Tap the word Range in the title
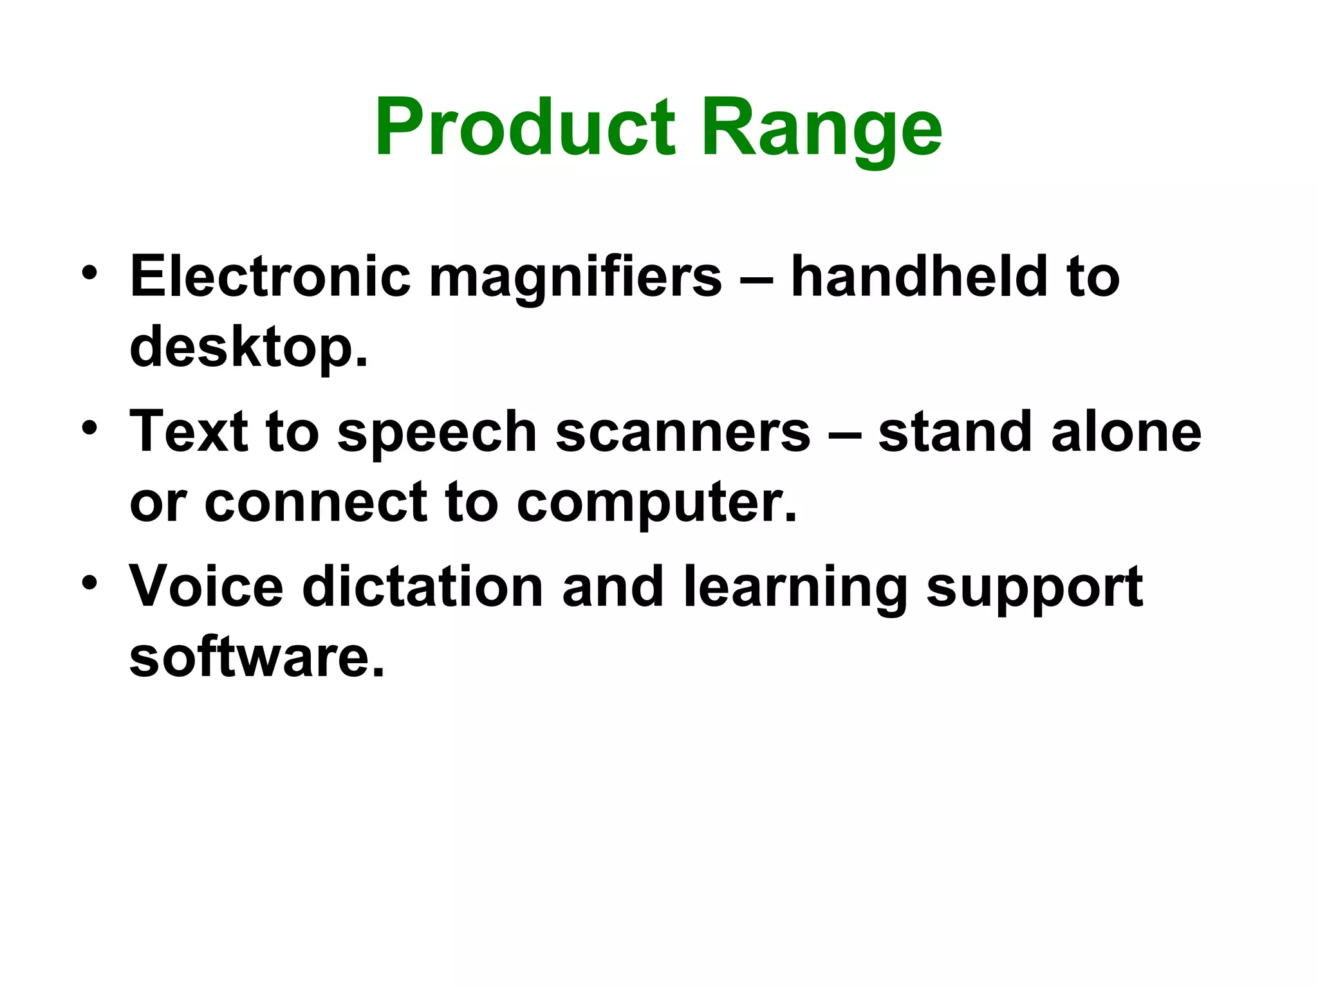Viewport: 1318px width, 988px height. pos(822,129)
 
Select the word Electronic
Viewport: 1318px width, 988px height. pos(270,277)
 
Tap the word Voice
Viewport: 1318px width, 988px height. pos(207,586)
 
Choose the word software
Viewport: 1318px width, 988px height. pos(257,657)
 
